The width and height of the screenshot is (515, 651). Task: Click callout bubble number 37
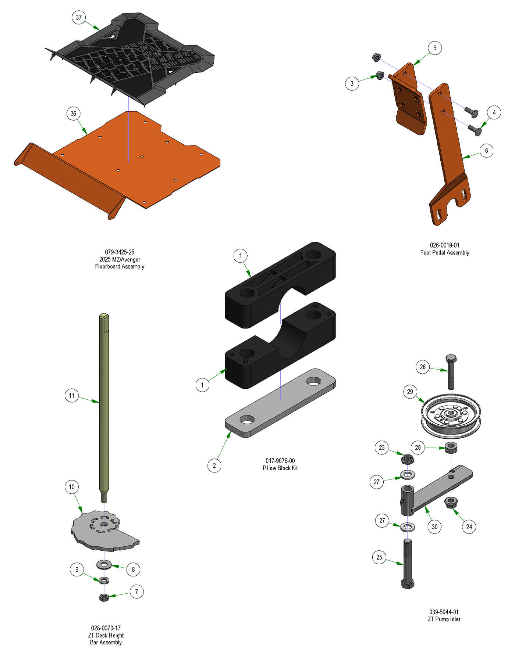[79, 17]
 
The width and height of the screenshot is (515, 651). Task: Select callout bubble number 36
[74, 113]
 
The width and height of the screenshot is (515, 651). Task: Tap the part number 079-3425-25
[120, 252]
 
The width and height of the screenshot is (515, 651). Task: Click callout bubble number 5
[435, 48]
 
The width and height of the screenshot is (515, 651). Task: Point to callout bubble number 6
[486, 150]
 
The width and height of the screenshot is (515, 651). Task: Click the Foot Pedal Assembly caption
[444, 252]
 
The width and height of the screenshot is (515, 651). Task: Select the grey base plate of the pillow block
[280, 404]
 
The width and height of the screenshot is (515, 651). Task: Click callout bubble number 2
[214, 465]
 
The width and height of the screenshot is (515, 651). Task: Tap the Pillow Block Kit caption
[280, 468]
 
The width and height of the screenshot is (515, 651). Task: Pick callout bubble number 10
[72, 487]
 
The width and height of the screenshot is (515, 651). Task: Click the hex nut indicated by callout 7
[104, 597]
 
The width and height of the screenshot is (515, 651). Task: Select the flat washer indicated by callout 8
[104, 564]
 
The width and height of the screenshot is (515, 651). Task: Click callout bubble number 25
[379, 557]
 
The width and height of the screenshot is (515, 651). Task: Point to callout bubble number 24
[469, 526]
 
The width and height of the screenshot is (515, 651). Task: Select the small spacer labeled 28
[451, 447]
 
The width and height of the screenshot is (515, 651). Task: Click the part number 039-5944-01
[444, 612]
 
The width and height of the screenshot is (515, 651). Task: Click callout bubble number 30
[434, 526]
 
